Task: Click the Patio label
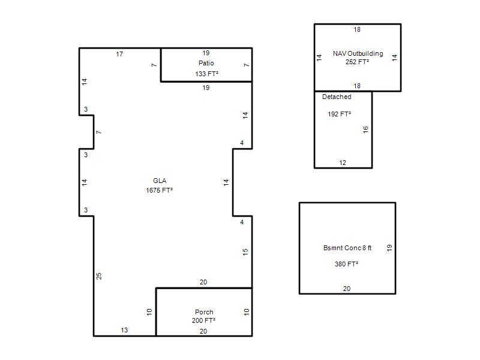206,63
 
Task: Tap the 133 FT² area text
206,74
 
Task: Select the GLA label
160,181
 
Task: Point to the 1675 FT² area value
159,190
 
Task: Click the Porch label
204,312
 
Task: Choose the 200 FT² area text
203,320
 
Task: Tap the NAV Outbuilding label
358,53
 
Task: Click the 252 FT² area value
357,62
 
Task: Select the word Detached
337,97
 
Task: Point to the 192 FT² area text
339,114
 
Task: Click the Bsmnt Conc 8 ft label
347,248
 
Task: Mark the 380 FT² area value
347,264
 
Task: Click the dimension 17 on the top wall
119,54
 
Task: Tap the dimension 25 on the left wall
99,276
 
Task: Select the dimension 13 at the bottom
124,331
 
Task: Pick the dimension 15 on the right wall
245,252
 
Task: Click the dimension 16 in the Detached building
366,130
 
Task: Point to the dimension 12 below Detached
343,163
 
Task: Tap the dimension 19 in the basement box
389,248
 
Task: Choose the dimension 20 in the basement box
347,289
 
